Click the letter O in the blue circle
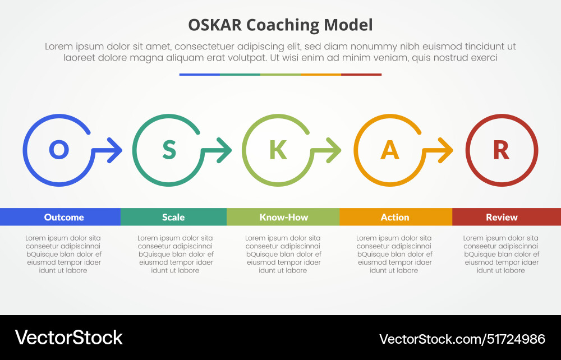(x=59, y=150)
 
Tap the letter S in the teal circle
(x=169, y=150)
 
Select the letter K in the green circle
(x=278, y=150)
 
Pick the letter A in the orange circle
(x=390, y=150)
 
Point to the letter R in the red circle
(x=501, y=150)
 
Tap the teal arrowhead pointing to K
(x=226, y=150)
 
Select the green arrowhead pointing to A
(x=335, y=150)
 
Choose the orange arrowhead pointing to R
(x=447, y=150)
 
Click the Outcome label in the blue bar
(x=64, y=218)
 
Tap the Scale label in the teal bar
(x=173, y=218)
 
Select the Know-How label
(x=284, y=218)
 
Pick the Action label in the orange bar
(x=395, y=218)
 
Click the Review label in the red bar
(x=502, y=218)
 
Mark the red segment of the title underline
(x=361, y=75)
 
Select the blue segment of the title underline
(x=200, y=75)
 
